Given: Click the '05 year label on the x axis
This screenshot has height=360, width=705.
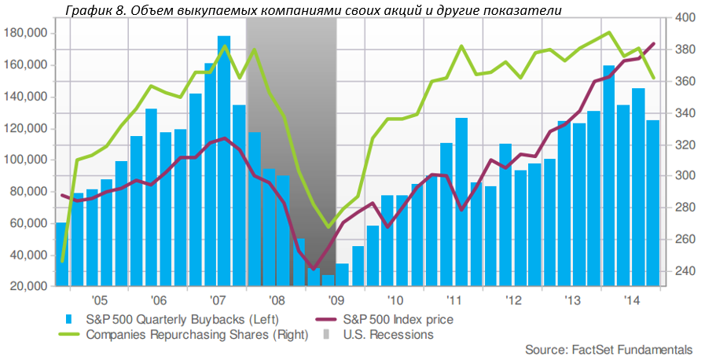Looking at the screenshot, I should [x=99, y=300].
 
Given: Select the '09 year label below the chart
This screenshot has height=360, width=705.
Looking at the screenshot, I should [x=336, y=300].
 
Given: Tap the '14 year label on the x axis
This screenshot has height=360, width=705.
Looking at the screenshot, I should [x=631, y=300].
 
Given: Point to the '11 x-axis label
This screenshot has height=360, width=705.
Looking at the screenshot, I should [x=454, y=300].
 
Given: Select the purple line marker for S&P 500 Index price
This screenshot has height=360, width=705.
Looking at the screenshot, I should [x=330, y=319].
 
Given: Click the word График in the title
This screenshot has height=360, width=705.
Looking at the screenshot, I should [x=78, y=9].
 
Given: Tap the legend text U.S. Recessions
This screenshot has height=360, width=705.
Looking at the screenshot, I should [x=388, y=334].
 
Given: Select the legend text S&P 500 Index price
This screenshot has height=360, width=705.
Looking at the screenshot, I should [x=398, y=319].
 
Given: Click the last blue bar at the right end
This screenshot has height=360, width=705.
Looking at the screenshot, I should [x=652, y=204].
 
